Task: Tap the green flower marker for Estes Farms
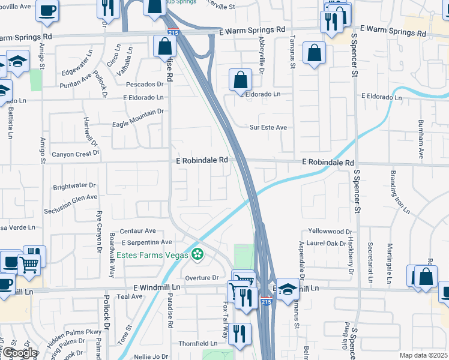[x=197, y=254]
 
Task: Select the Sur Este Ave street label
[x=268, y=127]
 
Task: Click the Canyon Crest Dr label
[x=75, y=154]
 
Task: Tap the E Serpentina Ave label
[x=147, y=242]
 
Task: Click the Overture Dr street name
[x=202, y=278]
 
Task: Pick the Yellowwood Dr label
[x=330, y=231]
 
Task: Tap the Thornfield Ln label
[x=197, y=344]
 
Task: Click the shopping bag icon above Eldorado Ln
[x=240, y=80]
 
